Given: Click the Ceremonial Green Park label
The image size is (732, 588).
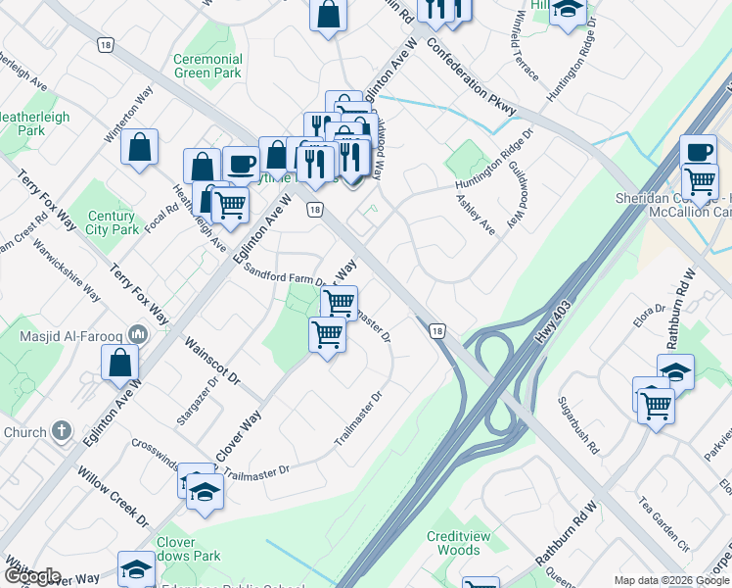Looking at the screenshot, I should click(207, 66).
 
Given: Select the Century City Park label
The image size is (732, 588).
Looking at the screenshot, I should click(112, 222).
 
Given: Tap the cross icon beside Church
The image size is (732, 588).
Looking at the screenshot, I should click(62, 431).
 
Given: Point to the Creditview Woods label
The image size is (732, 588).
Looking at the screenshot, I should click(453, 543).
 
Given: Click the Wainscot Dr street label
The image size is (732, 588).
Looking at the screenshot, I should click(212, 362).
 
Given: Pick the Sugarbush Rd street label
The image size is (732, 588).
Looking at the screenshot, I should click(577, 427).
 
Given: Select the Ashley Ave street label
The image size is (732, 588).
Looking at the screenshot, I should click(476, 213).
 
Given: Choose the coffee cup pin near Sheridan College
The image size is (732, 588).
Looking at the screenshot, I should click(698, 152).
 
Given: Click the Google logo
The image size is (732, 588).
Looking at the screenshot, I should click(32, 577).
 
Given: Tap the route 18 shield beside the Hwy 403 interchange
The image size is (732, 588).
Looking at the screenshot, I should click(436, 331).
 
